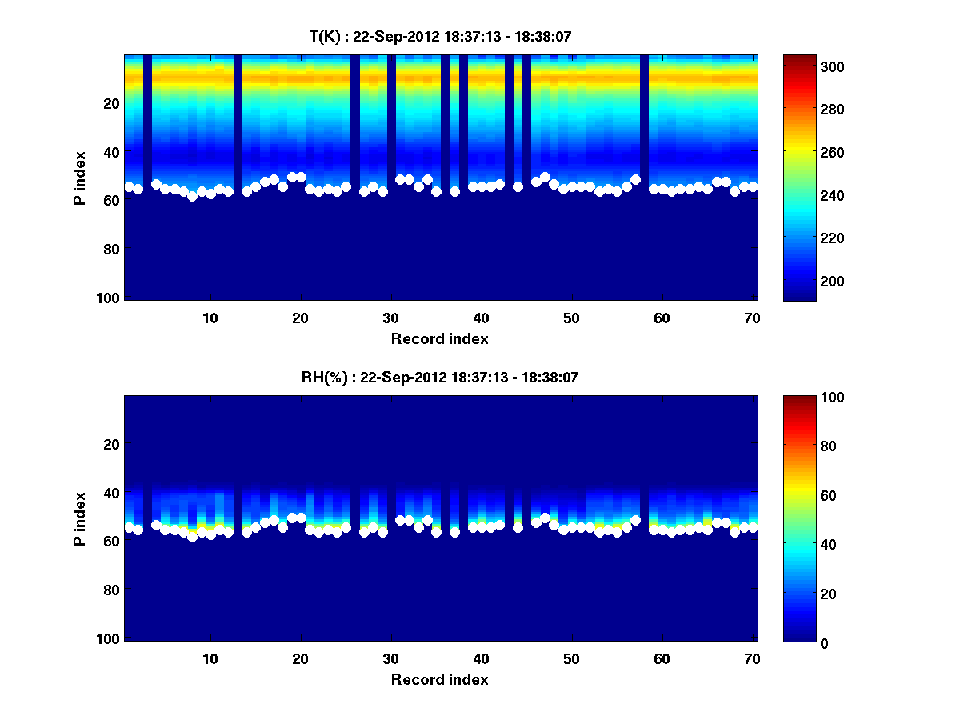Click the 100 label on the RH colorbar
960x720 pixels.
pyautogui.click(x=805, y=398)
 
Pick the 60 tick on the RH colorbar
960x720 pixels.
pyautogui.click(x=802, y=496)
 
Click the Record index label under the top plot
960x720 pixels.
pyautogui.click(x=439, y=338)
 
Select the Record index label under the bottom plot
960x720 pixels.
pyautogui.click(x=439, y=679)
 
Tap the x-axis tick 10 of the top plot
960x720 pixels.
pyautogui.click(x=210, y=318)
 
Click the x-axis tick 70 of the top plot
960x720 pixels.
pyautogui.click(x=753, y=318)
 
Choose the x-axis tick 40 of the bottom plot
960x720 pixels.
pyautogui.click(x=481, y=658)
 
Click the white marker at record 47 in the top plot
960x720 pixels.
pyautogui.click(x=545, y=177)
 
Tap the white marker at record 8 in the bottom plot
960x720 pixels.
pyautogui.click(x=192, y=537)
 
